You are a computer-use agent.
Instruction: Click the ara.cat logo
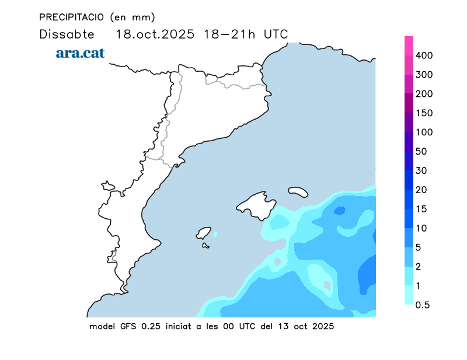(80, 53)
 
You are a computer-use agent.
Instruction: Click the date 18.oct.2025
(154, 34)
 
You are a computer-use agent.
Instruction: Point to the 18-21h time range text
(229, 34)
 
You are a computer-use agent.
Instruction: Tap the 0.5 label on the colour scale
(423, 305)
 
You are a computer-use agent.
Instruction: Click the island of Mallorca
(256, 205)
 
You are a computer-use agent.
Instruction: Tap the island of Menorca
(298, 191)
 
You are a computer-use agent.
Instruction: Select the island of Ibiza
(204, 233)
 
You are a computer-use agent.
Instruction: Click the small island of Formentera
(205, 246)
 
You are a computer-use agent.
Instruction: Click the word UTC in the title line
(276, 34)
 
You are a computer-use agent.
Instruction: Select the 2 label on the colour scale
(419, 267)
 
